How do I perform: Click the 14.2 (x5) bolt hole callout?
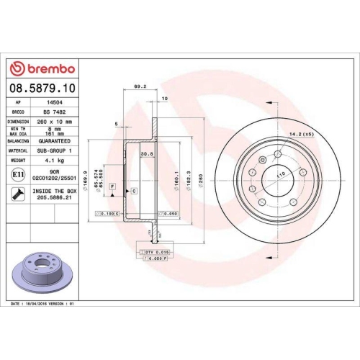(x=301, y=134)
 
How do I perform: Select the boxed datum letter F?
(x=113, y=186)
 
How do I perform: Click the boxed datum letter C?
(x=134, y=191)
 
